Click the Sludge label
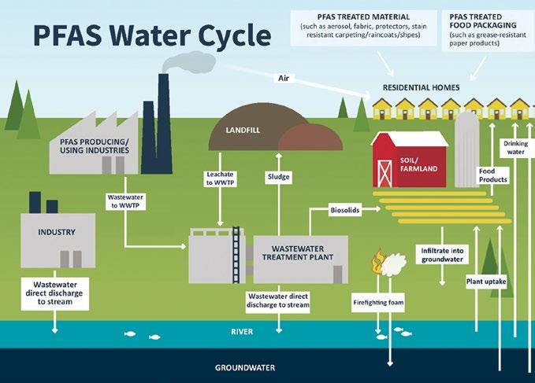(x=279, y=177)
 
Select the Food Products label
(x=493, y=175)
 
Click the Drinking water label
(x=515, y=147)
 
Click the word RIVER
(x=241, y=332)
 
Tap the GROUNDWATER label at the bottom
(x=241, y=367)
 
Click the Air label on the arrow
(x=284, y=78)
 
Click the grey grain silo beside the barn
(x=466, y=148)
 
